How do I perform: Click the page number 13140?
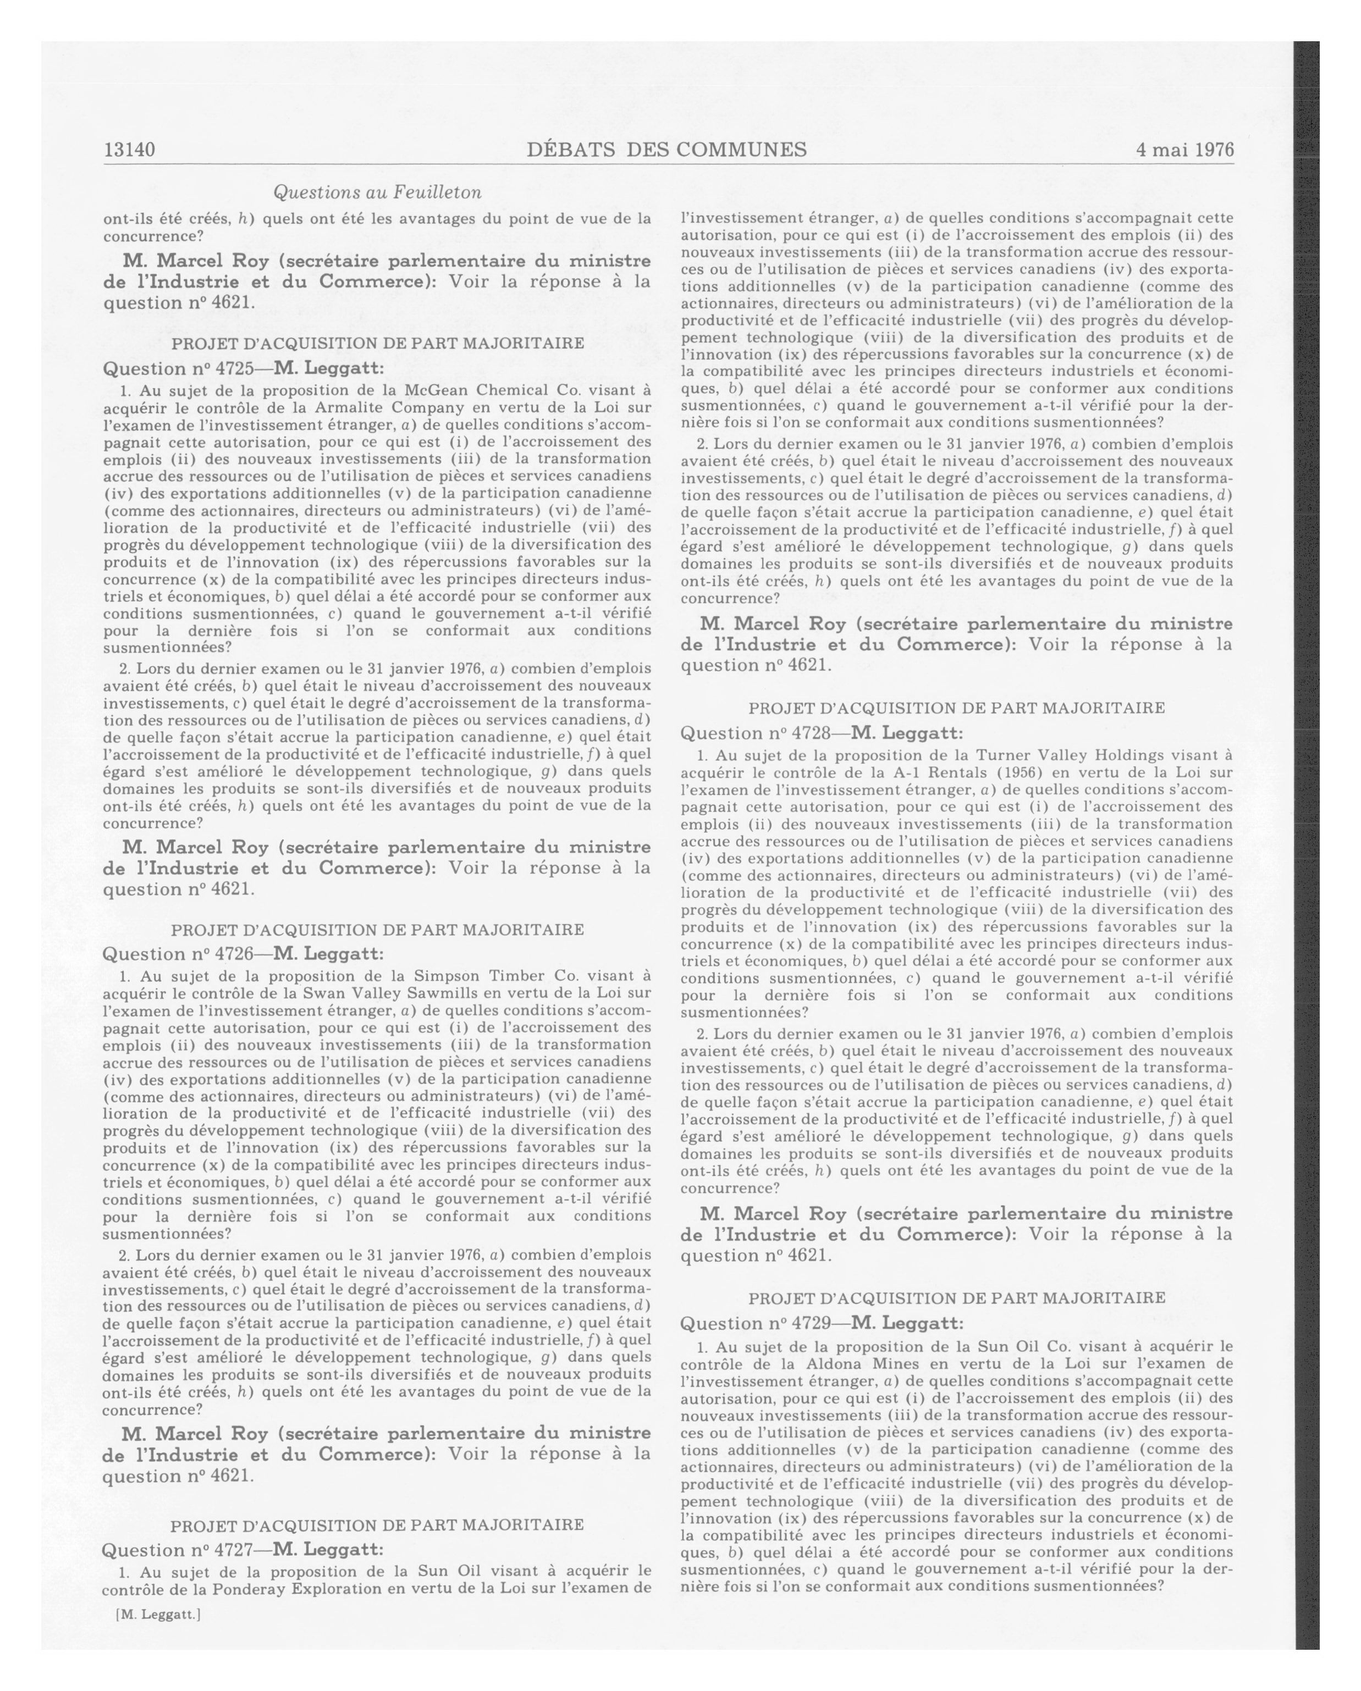coord(129,149)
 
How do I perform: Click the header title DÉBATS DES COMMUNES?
coord(667,149)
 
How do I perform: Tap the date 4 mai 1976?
coord(1184,149)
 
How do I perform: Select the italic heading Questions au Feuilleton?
coord(377,192)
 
